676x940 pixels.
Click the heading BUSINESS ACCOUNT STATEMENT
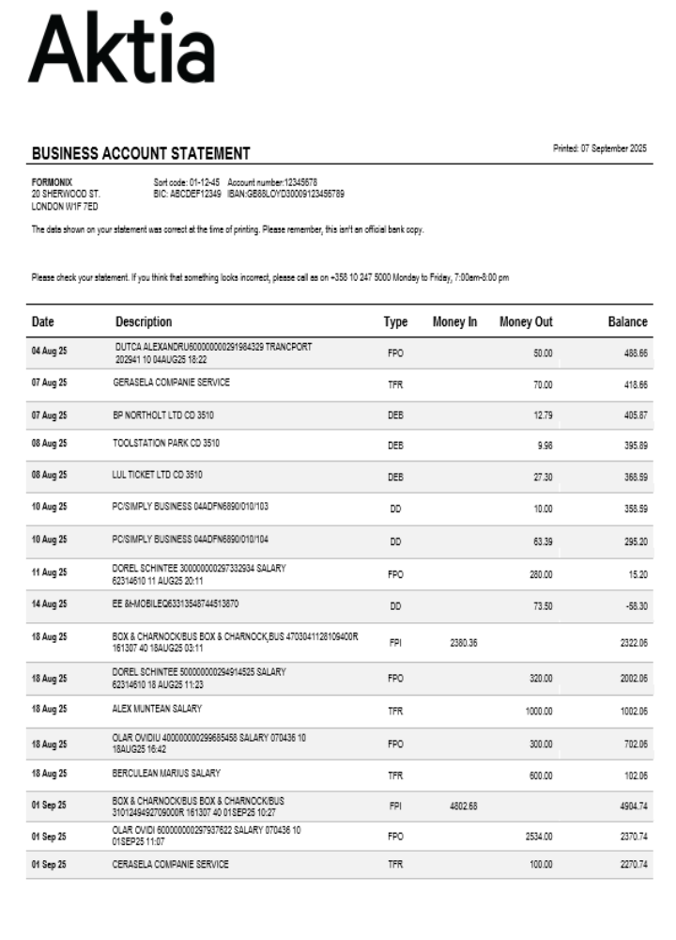(141, 153)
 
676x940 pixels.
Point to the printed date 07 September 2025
(600, 149)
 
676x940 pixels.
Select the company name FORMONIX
(53, 180)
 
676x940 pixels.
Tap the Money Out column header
(526, 321)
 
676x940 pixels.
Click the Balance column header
(627, 321)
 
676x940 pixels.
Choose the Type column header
(395, 321)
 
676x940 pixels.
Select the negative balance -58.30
(634, 606)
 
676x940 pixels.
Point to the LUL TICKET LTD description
(157, 475)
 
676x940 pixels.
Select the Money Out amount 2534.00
(538, 836)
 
